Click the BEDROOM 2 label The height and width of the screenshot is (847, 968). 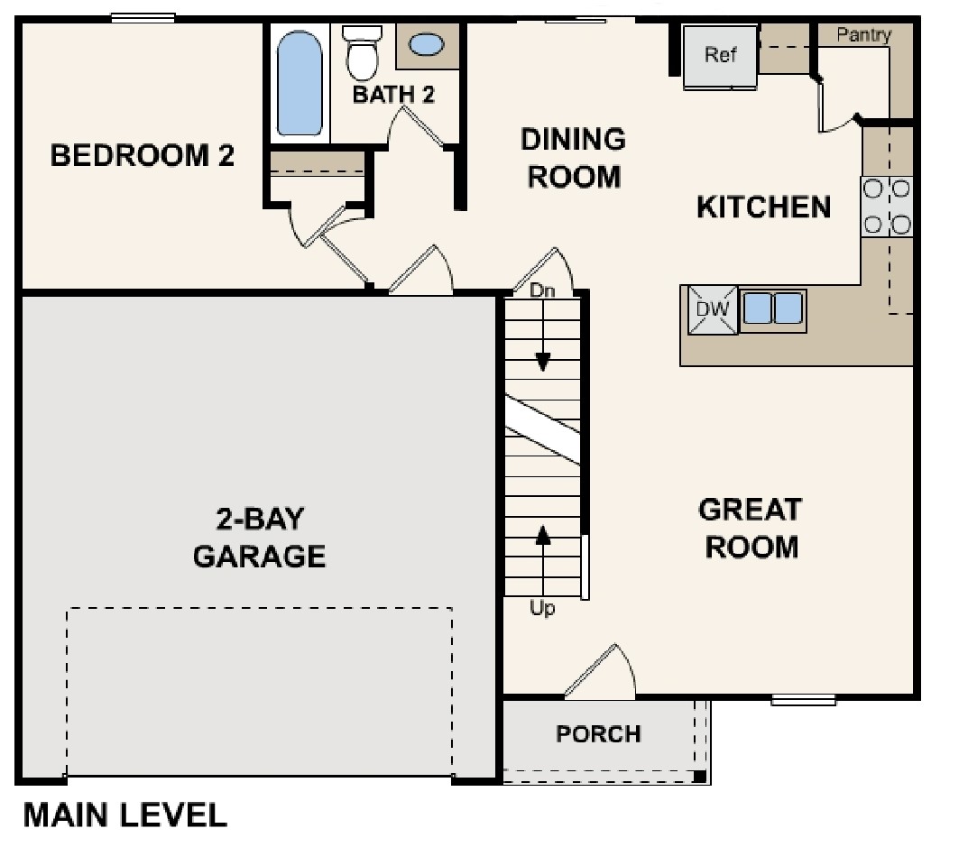pos(143,155)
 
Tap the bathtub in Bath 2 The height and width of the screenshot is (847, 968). pos(300,84)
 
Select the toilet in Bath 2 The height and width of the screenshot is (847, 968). pos(363,53)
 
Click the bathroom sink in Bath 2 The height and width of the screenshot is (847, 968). pos(427,44)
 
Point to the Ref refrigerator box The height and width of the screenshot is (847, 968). pos(720,56)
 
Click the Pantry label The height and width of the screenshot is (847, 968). pos(863,35)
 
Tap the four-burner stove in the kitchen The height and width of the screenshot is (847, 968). pos(887,207)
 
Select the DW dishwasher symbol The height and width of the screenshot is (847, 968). pos(713,310)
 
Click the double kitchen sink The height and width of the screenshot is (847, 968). pos(773,309)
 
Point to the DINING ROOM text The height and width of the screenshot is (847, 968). pos(574,158)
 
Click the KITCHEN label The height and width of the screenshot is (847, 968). pos(764,207)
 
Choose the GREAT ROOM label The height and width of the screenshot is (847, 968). pos(751,528)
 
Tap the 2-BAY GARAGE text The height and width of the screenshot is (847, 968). pos(260,538)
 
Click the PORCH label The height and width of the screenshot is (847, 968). pos(598,734)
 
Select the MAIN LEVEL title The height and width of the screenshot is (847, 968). pos(124,815)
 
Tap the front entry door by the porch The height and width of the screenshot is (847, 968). pos(600,675)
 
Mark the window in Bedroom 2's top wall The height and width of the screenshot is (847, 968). pos(143,18)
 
